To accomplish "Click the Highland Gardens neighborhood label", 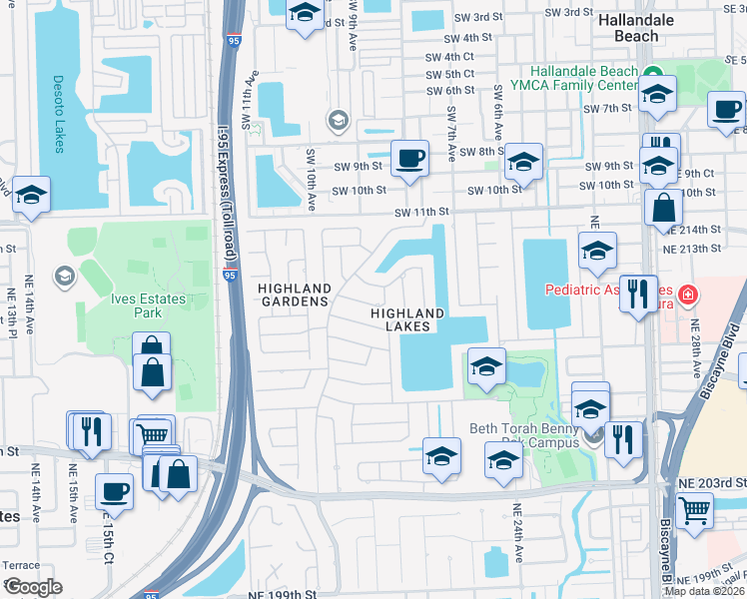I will click(x=294, y=294).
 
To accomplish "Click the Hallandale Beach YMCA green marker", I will click(x=654, y=73).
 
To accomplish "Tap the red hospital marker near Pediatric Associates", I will click(x=687, y=296).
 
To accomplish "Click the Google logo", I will click(x=32, y=587).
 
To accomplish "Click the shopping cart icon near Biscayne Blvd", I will click(x=694, y=510).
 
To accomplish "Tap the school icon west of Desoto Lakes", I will click(x=32, y=195).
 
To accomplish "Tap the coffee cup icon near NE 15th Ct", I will click(x=113, y=491).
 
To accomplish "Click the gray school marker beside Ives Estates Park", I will click(x=65, y=276).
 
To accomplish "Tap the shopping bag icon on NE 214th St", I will click(x=664, y=209).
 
